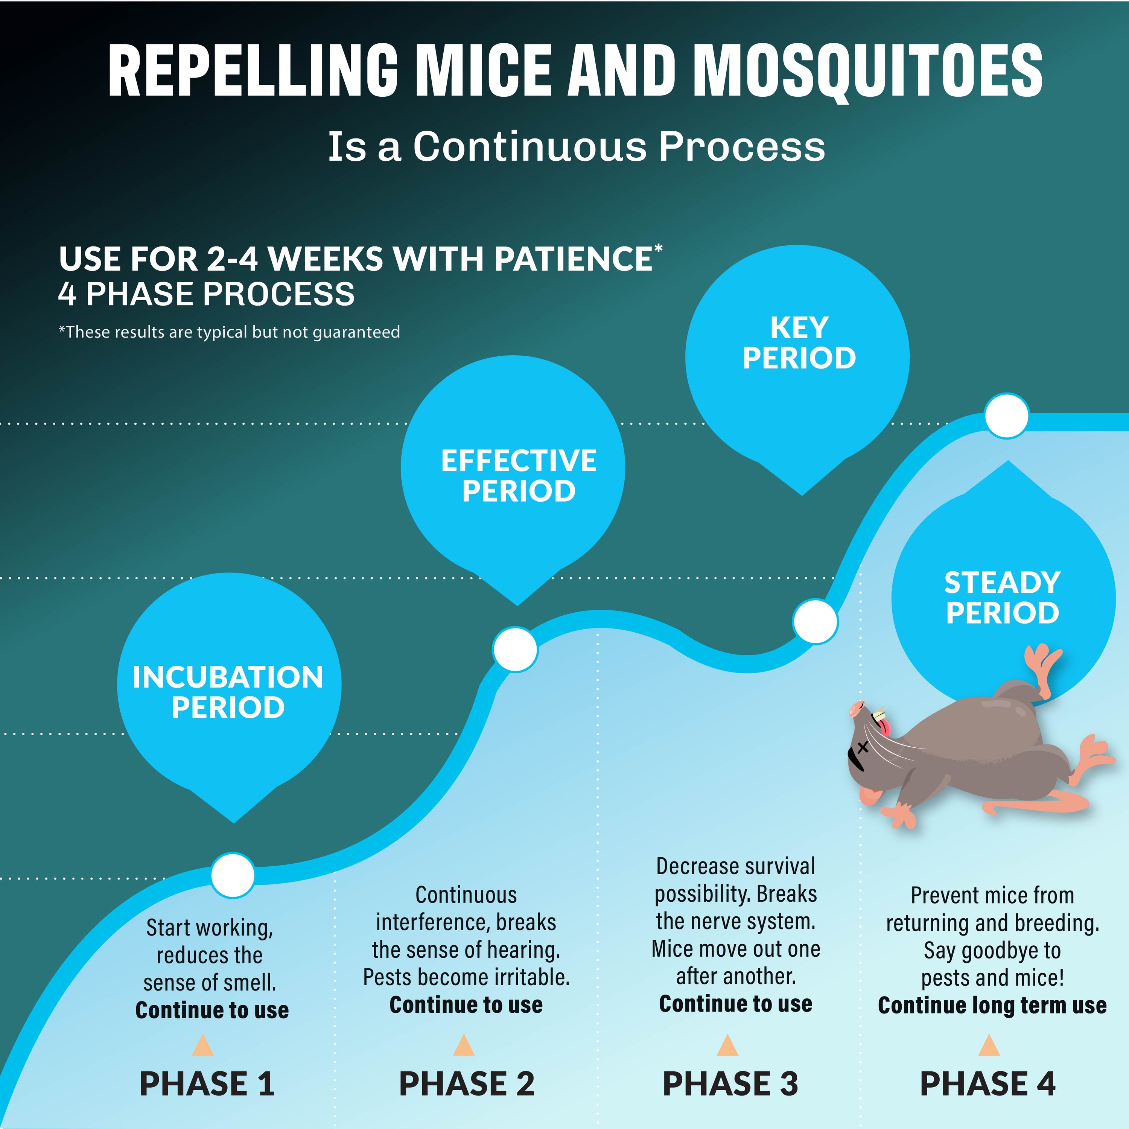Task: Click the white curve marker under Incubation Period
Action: coord(233,875)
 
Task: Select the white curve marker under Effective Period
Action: coord(515,649)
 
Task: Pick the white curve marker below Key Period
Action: coord(815,621)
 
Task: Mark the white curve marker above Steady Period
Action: coord(1006,415)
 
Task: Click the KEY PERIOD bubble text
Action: coord(799,343)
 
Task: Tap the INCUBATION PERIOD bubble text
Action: coord(228,692)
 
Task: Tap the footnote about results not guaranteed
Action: coord(229,332)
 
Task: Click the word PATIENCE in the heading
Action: coord(573,259)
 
